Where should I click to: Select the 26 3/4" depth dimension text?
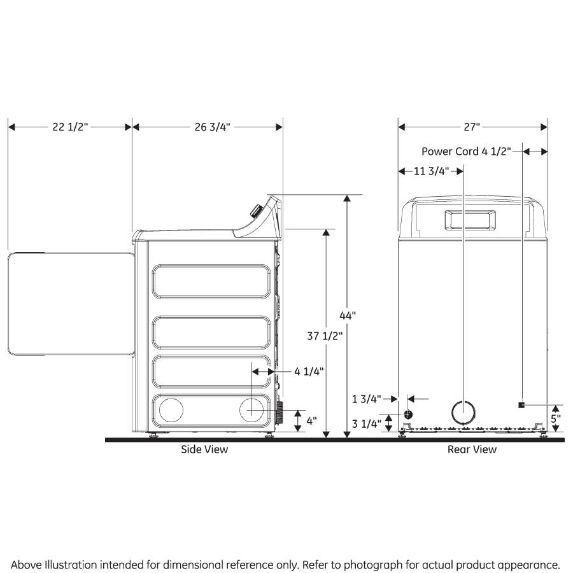coord(211,127)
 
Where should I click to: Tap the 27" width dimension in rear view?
coord(471,127)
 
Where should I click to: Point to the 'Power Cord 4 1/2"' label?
coord(466,152)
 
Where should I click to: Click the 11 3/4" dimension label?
coord(432,171)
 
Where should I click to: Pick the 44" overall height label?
coord(348,315)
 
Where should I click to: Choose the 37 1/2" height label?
coord(325,336)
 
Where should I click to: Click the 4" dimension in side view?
coord(311,421)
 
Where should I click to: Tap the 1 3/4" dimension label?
coord(367,399)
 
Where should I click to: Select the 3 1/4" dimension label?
coord(367,423)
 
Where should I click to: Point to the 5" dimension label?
coord(555,420)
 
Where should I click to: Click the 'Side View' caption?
coord(204,449)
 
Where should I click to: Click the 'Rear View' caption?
coord(472,449)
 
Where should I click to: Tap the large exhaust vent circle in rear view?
coord(463,413)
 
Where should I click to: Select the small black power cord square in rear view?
coord(521,406)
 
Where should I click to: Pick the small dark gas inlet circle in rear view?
coord(407,414)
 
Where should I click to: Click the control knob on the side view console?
coord(256,211)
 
